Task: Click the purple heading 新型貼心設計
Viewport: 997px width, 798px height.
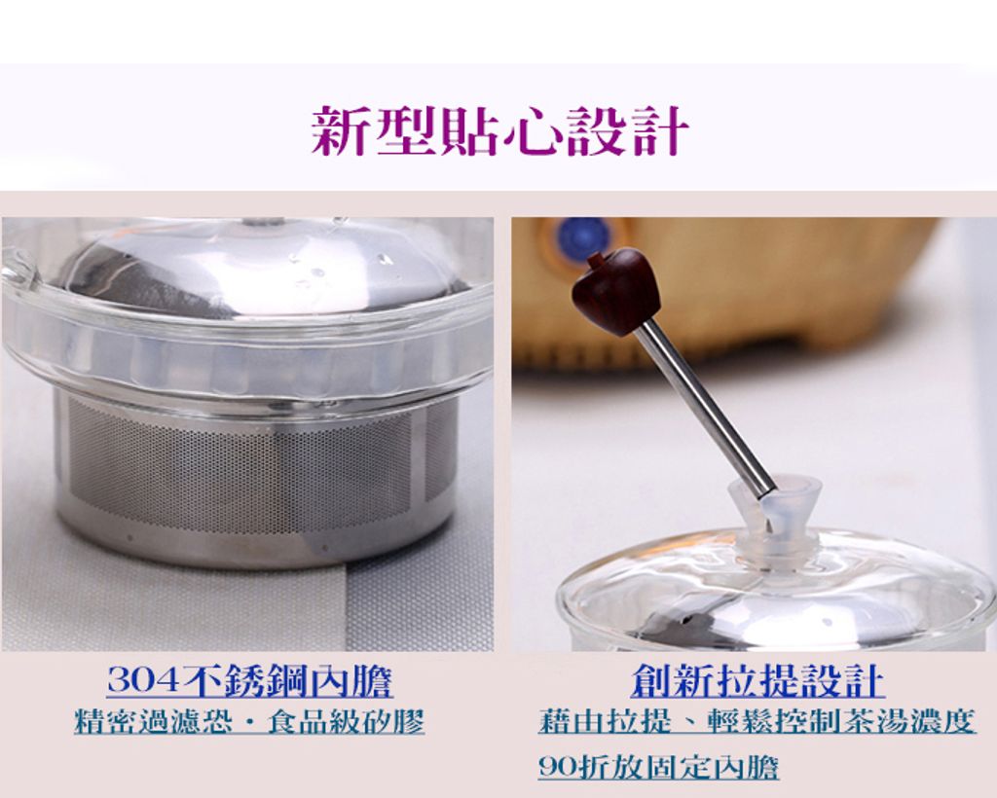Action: [500, 130]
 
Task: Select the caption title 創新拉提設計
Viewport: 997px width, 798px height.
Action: [757, 680]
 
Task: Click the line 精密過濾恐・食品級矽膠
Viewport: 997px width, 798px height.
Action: [249, 722]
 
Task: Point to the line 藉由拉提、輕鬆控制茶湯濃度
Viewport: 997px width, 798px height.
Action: [756, 722]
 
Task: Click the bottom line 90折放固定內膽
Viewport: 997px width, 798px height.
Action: [658, 767]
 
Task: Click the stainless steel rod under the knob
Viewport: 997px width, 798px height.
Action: [704, 407]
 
